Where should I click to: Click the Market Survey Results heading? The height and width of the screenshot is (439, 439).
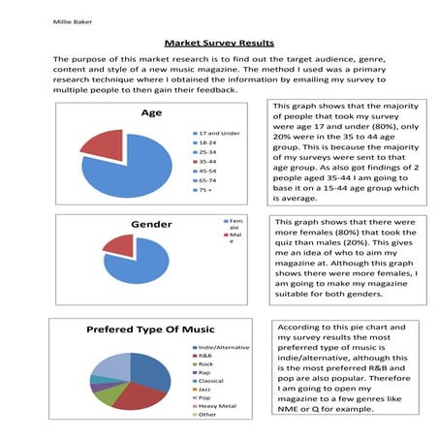tap(219, 44)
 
